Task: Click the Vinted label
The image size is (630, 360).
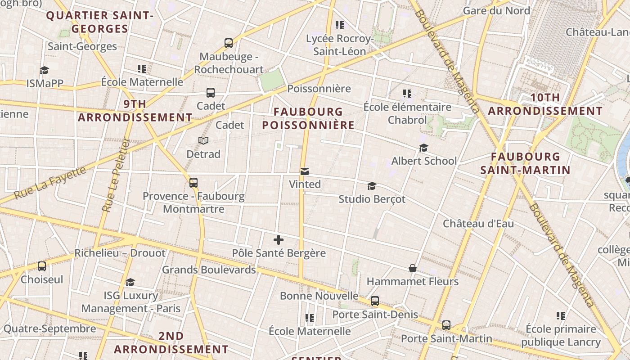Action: (x=305, y=184)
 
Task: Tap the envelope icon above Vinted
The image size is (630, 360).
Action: (x=305, y=171)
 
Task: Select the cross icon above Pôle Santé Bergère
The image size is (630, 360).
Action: (x=279, y=240)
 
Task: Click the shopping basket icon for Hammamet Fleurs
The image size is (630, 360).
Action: (x=412, y=268)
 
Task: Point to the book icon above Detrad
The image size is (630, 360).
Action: (x=203, y=141)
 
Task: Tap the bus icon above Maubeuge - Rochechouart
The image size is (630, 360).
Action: (x=229, y=44)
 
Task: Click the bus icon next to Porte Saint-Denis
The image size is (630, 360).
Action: (x=375, y=301)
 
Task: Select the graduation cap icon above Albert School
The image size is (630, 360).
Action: (x=423, y=148)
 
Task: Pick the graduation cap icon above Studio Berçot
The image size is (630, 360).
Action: (x=372, y=186)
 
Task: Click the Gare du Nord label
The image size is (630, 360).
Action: (x=496, y=10)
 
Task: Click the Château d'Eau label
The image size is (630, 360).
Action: (x=478, y=224)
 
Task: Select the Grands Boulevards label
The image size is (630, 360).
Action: (x=209, y=270)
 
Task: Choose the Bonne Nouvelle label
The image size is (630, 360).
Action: (x=319, y=296)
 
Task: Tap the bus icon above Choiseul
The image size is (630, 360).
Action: (x=42, y=266)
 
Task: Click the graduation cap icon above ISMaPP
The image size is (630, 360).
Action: (x=44, y=70)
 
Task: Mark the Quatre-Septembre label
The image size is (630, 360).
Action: (x=49, y=328)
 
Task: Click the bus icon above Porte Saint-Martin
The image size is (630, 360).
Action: (x=446, y=325)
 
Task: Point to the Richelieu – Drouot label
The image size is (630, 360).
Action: (x=120, y=253)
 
